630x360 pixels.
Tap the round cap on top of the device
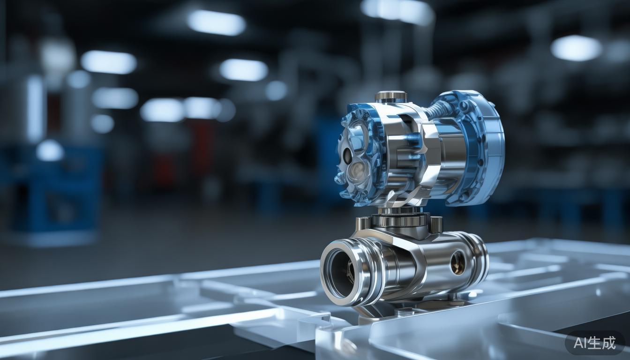click(390, 96)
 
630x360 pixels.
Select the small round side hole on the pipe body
click(457, 262)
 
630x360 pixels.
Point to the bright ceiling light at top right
click(576, 48)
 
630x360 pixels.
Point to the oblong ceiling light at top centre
click(217, 22)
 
